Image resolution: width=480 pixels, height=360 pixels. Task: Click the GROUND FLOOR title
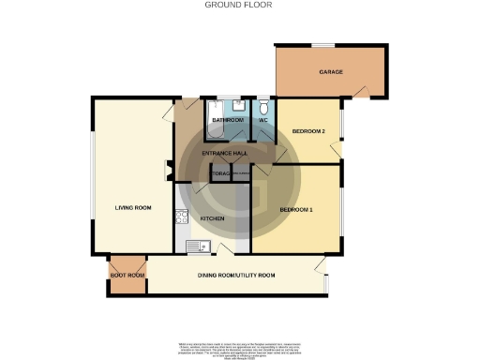pos(238,5)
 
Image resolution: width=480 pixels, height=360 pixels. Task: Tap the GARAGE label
pos(329,71)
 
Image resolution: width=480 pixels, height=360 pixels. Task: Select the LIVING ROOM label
pos(134,208)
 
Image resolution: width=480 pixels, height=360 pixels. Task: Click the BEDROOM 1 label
pos(297,208)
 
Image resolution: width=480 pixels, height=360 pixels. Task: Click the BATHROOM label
pos(228,121)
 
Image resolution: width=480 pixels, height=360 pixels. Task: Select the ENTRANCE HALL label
pos(226,152)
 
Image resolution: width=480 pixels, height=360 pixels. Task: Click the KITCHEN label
pos(213,217)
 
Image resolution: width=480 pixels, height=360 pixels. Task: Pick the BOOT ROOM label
pos(127,275)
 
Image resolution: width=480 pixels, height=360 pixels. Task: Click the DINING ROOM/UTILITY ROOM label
pos(236,275)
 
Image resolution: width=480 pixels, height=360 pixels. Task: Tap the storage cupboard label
pos(220,174)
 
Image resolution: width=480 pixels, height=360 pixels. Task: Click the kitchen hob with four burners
pos(182,217)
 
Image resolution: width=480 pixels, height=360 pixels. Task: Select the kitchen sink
pos(196,247)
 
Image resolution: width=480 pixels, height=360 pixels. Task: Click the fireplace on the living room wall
pos(168,171)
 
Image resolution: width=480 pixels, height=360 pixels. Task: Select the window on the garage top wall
pos(323,44)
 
